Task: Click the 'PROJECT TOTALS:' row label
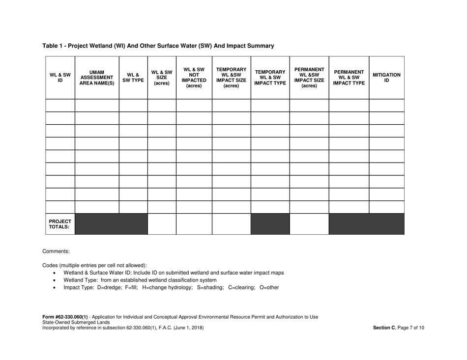click(60, 224)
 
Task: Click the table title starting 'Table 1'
click(158, 46)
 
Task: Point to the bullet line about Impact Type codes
click(171, 288)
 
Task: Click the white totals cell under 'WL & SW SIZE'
click(161, 224)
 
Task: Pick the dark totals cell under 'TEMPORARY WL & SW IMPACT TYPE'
click(270, 224)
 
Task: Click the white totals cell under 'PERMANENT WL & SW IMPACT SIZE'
click(309, 224)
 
